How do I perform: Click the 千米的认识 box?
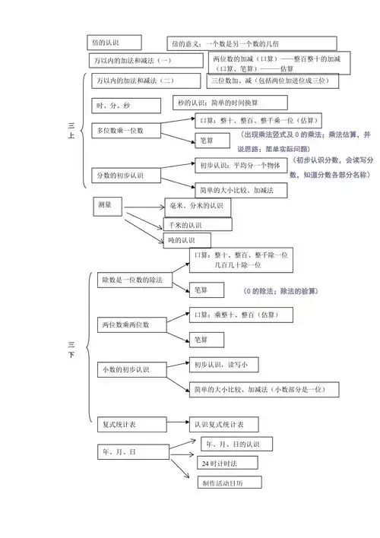(193, 224)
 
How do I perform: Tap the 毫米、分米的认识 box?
(196, 206)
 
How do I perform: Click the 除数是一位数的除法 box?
(133, 280)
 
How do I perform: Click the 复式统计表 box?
(119, 422)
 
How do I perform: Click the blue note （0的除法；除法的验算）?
(280, 291)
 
